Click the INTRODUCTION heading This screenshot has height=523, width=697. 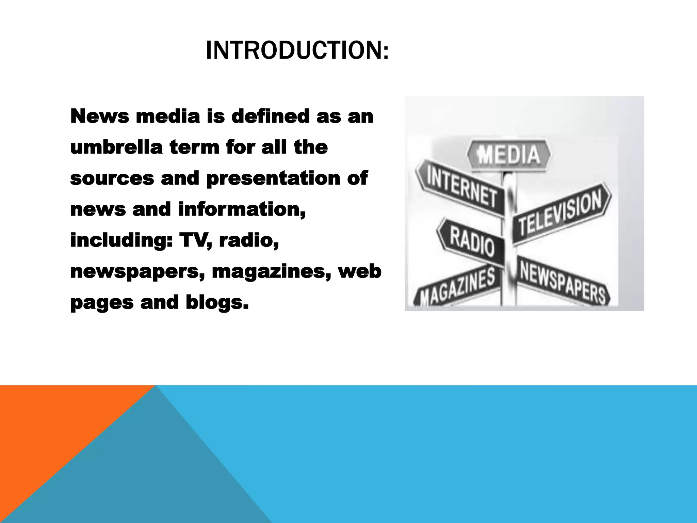pyautogui.click(x=297, y=50)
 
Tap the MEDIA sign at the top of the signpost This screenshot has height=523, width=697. pyautogui.click(x=509, y=155)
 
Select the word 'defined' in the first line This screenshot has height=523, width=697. pyautogui.click(x=270, y=116)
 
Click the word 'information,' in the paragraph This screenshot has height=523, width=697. pyautogui.click(x=242, y=209)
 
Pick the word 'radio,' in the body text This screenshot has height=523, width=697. pyautogui.click(x=249, y=240)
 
